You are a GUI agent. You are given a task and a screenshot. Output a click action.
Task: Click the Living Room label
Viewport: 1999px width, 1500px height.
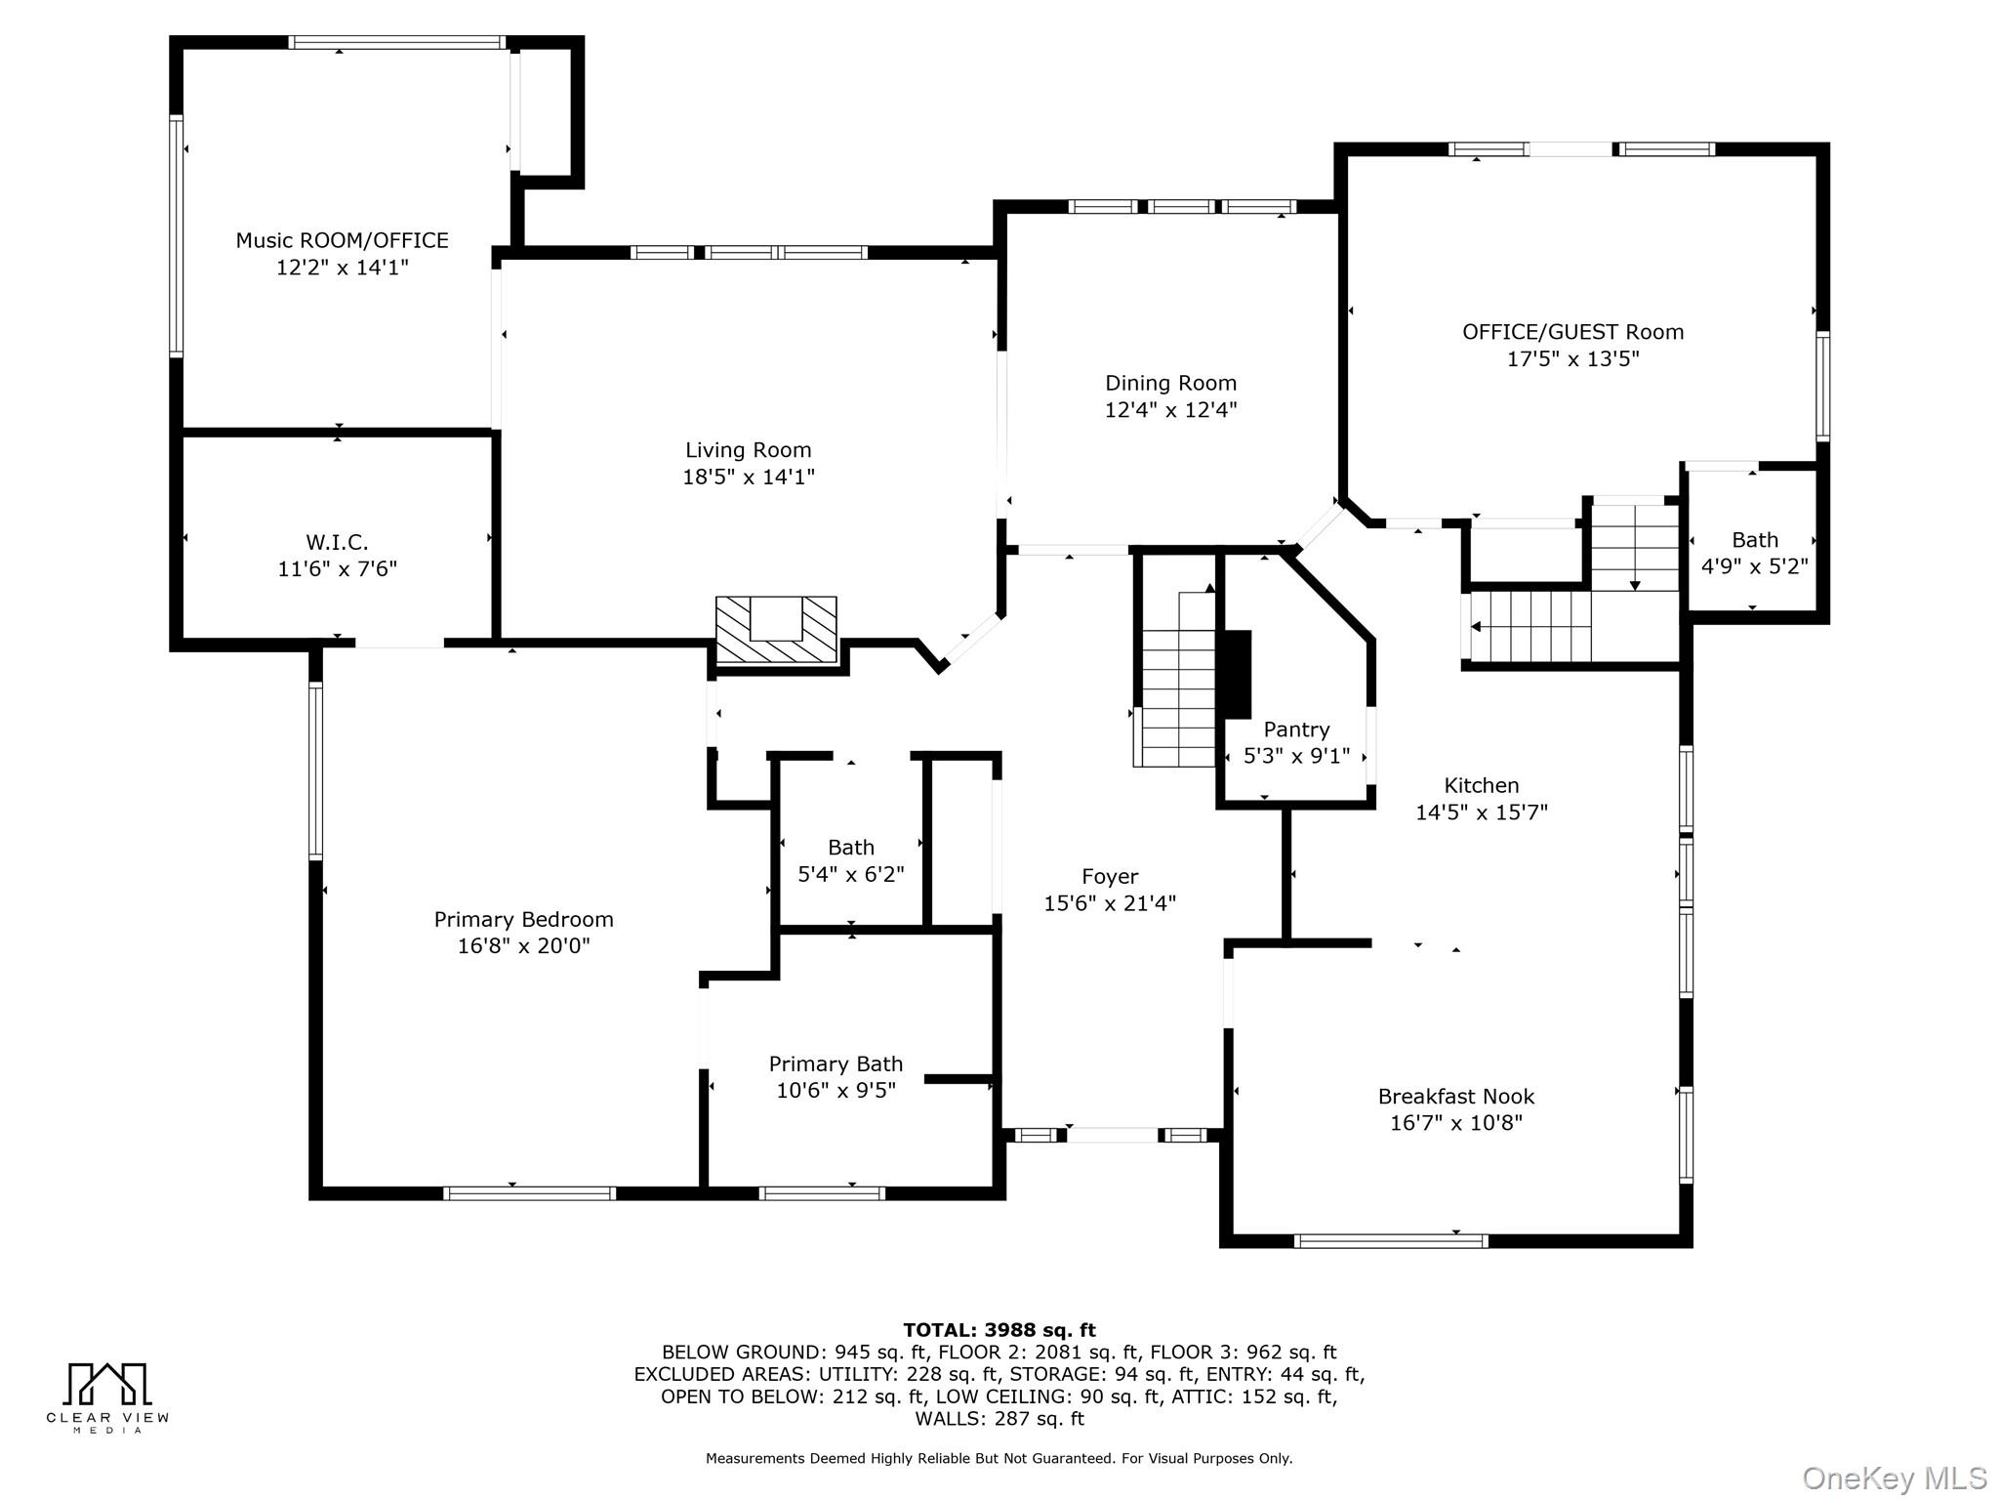point(748,450)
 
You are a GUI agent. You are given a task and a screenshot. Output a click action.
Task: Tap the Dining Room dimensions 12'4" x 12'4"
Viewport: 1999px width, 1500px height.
point(1170,410)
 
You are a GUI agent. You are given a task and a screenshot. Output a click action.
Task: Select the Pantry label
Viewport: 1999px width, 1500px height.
point(1296,729)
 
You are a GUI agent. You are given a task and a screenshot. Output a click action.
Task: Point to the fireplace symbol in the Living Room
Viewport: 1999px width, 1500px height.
point(776,630)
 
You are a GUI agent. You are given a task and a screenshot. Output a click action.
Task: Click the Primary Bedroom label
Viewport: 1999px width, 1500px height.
point(523,920)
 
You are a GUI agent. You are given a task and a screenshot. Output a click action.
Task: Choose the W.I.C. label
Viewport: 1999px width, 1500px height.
point(337,542)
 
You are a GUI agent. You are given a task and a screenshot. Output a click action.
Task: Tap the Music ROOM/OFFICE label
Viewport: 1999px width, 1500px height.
point(342,240)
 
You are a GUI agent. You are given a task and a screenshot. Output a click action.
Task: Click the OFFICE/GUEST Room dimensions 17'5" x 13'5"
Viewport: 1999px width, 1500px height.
point(1572,358)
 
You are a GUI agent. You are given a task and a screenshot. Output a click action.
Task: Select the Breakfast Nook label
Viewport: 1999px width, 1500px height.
point(1455,1097)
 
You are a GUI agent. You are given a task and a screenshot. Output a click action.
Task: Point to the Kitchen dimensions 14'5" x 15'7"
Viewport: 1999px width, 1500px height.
point(1482,812)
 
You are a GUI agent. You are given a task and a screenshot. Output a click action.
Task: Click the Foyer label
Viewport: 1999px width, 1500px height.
point(1110,877)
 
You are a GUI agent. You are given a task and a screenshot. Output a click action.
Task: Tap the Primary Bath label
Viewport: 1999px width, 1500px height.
point(836,1064)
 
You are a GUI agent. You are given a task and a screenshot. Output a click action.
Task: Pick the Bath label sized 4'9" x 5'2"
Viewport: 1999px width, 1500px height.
point(1755,540)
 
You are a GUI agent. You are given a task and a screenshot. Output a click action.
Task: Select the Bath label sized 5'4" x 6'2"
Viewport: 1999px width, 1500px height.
point(851,848)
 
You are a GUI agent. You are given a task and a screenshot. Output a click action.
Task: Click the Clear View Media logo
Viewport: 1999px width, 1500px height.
point(107,1397)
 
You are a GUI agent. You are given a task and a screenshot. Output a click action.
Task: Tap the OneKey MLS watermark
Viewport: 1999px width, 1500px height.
point(1894,1479)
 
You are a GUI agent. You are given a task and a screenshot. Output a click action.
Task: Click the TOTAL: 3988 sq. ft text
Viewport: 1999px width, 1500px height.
point(999,1330)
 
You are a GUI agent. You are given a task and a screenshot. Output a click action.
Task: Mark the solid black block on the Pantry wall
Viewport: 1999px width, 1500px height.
point(1236,675)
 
